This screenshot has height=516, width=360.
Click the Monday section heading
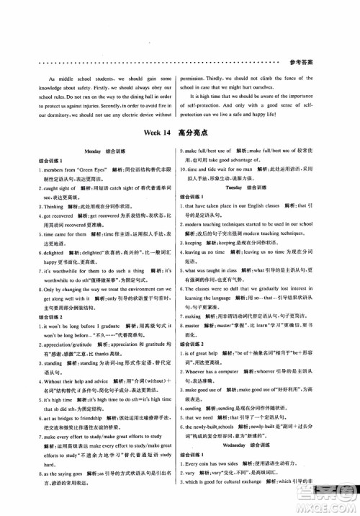coord(94,152)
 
